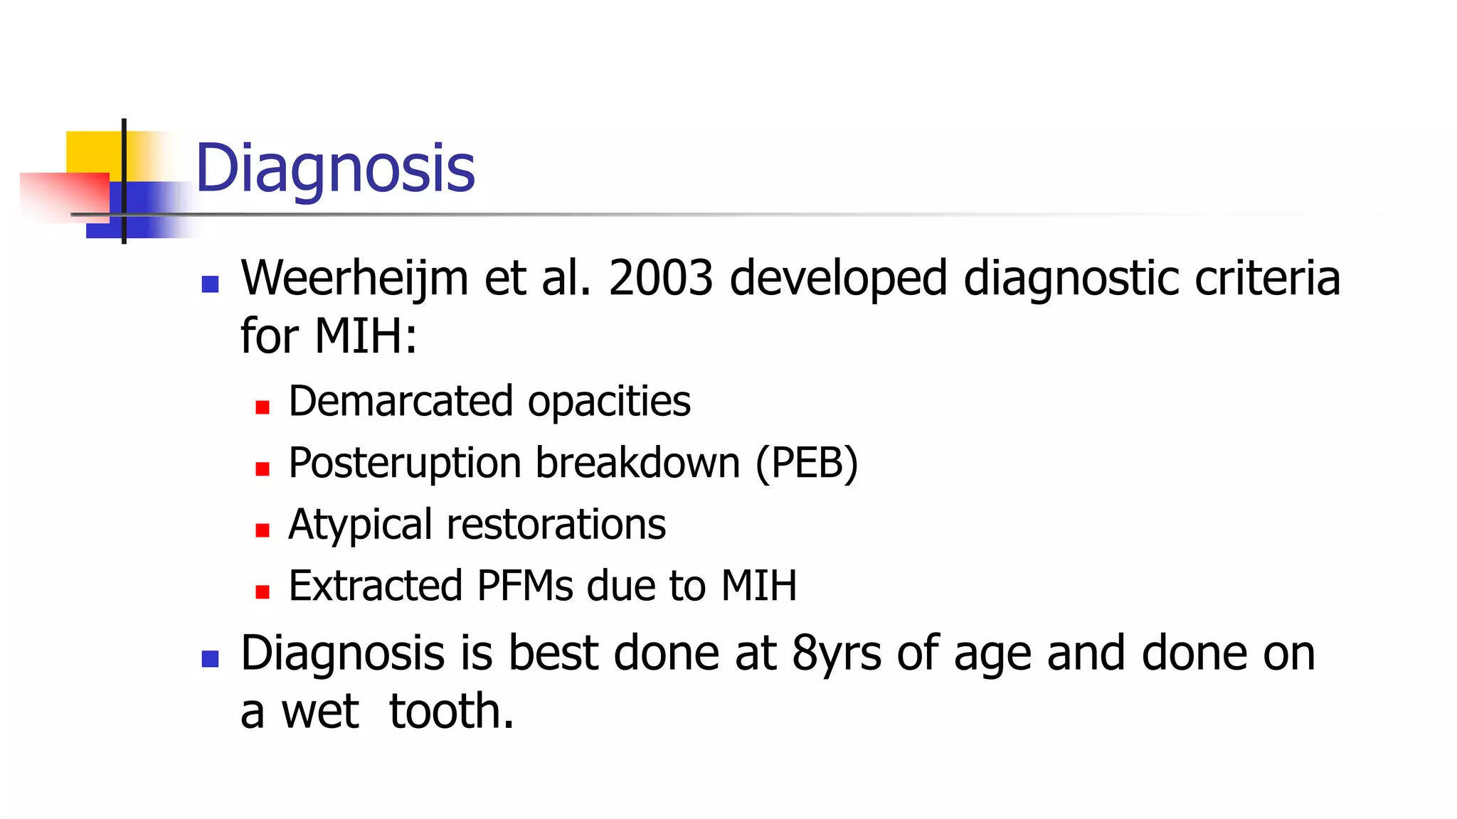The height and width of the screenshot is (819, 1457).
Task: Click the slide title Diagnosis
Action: [334, 169]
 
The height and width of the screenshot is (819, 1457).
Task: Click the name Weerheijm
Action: [354, 278]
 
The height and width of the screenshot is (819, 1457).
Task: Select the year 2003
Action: [660, 278]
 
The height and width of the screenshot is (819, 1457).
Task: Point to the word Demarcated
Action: [401, 402]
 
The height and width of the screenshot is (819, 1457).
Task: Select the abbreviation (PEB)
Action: [807, 464]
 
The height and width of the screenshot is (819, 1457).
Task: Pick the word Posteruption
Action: [405, 464]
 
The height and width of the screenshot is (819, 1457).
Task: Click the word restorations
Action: [556, 525]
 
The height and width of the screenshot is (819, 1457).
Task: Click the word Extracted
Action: [376, 587]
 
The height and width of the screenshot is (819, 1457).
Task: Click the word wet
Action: [320, 712]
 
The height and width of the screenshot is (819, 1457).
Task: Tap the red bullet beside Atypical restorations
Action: [263, 530]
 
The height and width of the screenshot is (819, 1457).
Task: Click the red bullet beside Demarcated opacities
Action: [263, 407]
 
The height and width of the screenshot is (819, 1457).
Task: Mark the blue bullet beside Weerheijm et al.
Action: [210, 285]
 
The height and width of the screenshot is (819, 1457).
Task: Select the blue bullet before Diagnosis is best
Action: [210, 659]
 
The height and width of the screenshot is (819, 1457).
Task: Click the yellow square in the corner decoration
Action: [92, 151]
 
